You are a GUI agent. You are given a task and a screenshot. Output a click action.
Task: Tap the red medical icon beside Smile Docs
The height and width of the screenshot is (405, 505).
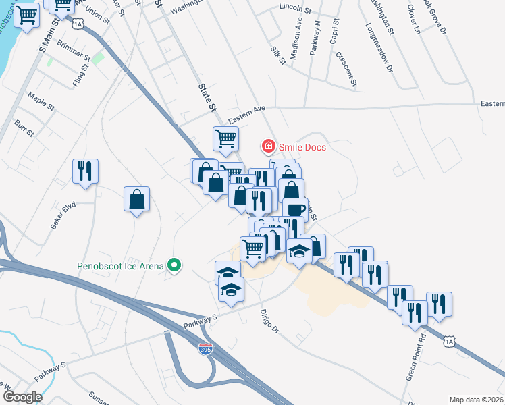(268, 146)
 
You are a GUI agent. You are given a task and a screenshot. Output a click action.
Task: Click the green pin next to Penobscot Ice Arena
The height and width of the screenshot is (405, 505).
(175, 265)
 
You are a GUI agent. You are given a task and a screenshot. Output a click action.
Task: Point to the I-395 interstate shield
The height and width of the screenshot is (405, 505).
(205, 349)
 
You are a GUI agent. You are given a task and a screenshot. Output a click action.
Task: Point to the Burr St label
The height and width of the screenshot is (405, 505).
(24, 128)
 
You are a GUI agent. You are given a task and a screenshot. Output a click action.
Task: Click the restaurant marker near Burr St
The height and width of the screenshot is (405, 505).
(86, 171)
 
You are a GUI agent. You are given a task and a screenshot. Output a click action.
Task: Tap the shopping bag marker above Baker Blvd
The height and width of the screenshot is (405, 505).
(136, 199)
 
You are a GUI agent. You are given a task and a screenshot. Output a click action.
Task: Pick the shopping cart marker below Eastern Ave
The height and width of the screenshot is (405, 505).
(225, 139)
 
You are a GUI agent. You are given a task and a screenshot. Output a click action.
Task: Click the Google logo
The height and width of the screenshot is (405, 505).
(22, 397)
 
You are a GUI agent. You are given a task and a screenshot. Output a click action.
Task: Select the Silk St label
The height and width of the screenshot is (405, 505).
(278, 55)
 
